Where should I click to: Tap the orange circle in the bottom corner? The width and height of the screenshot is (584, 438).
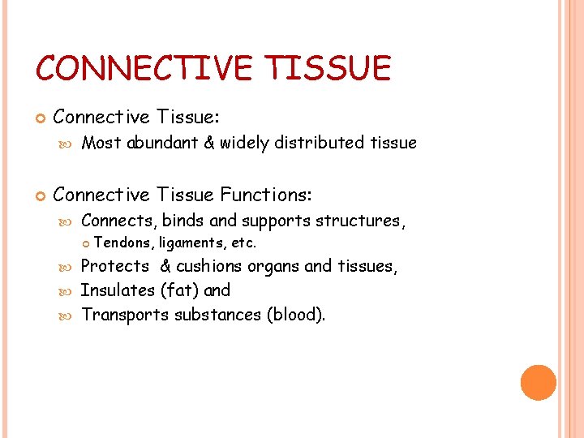539,383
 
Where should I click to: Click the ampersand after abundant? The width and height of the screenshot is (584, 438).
208,144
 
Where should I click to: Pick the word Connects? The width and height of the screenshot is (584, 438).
119,221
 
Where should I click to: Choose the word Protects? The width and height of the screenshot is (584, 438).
115,266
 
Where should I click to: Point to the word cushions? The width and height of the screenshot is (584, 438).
208,266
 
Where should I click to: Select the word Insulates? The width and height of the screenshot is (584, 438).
118,290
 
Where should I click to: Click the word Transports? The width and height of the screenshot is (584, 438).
126,315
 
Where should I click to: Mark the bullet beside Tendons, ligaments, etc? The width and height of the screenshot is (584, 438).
88,243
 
